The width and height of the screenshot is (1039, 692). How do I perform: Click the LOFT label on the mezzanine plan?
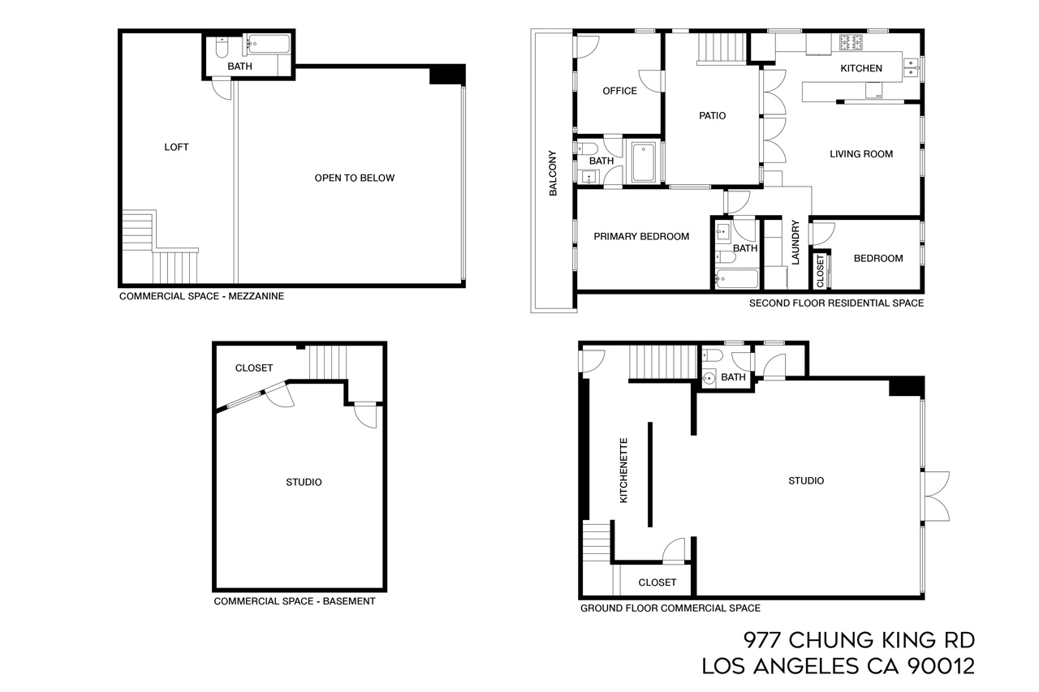[176, 147]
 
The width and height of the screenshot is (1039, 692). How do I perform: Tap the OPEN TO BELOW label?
[354, 178]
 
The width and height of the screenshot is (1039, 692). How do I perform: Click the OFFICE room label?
[619, 91]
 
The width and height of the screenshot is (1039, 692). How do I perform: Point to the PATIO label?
[712, 116]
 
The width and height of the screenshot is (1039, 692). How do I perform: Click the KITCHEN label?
[860, 68]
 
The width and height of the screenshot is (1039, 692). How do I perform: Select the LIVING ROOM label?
[860, 154]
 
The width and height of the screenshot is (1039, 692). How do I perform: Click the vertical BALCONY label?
[553, 173]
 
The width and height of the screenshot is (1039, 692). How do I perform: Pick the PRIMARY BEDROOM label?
[640, 237]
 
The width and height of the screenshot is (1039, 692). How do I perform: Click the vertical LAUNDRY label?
[795, 242]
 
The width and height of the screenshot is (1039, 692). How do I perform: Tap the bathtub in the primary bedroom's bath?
[737, 280]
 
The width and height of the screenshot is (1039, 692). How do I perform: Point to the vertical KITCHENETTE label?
[623, 471]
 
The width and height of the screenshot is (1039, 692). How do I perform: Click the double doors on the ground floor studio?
[936, 496]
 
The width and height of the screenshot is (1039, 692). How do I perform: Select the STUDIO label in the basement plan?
[304, 482]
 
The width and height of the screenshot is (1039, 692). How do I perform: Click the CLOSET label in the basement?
[254, 367]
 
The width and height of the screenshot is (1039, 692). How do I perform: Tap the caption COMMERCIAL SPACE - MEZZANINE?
[201, 297]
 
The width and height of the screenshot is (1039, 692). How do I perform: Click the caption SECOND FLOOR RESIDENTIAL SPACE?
[835, 303]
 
